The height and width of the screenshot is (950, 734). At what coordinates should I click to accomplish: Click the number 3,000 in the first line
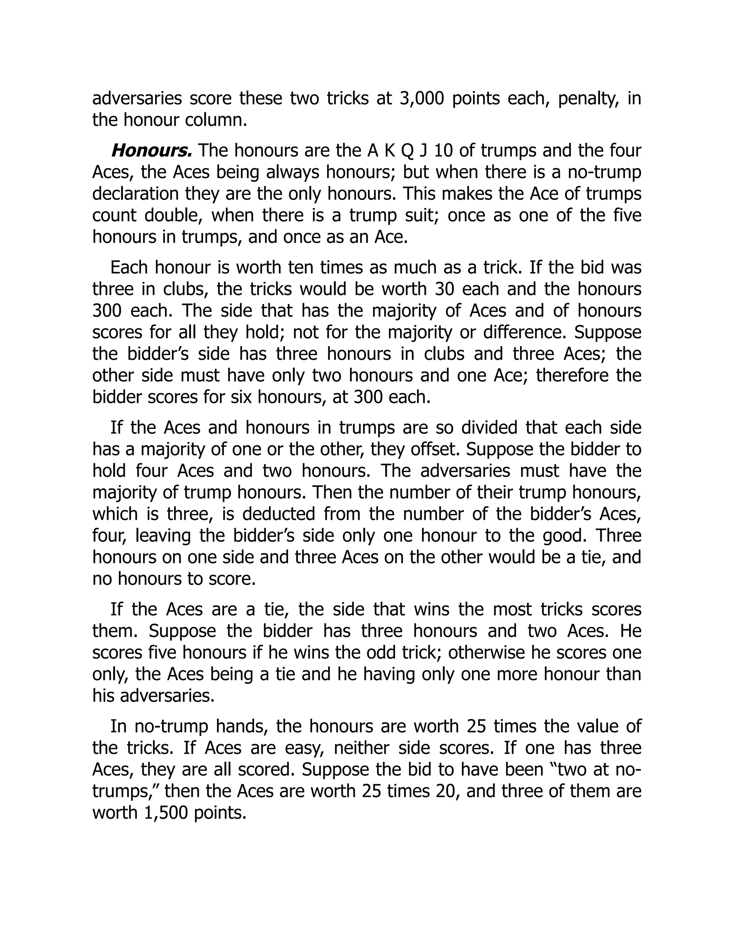[421, 98]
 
